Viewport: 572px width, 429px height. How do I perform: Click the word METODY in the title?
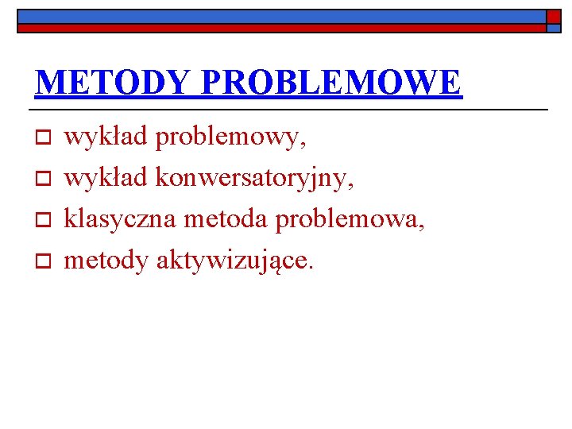113,83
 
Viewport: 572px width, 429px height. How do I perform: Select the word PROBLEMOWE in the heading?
331,83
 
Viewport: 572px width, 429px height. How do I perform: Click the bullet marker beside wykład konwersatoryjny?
44,180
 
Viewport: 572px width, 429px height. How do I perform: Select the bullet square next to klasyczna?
44,220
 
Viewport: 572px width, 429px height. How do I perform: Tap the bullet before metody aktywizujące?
44,261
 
